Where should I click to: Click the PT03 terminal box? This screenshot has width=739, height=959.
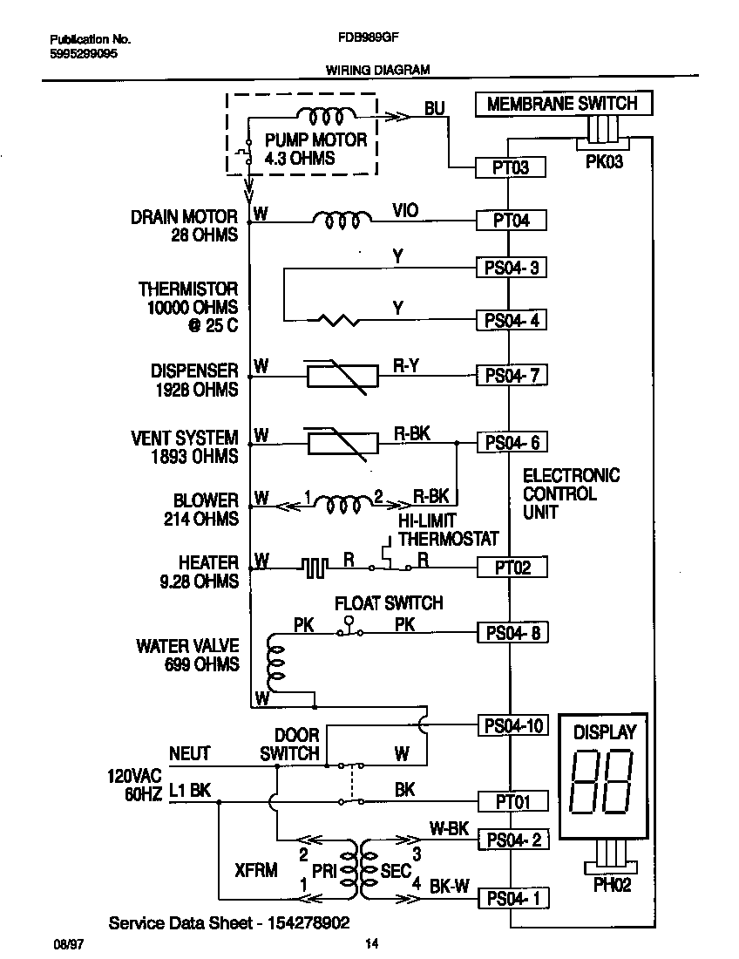point(511,167)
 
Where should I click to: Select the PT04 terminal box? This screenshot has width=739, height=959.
point(511,221)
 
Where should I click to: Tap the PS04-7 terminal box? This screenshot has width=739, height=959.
point(512,376)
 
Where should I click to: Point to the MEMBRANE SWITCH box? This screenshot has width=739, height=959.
point(562,104)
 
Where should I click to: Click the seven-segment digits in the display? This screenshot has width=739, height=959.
point(600,779)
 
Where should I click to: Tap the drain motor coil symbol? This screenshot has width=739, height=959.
point(336,221)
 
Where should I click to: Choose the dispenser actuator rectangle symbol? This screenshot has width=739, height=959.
point(342,376)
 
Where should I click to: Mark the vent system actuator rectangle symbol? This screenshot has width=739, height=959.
point(342,443)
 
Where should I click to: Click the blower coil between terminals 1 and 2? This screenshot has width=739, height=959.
point(342,504)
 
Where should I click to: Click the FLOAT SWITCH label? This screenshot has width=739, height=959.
point(390,603)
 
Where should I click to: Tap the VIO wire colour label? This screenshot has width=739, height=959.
point(405,211)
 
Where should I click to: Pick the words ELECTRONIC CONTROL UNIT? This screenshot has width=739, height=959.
point(571,493)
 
